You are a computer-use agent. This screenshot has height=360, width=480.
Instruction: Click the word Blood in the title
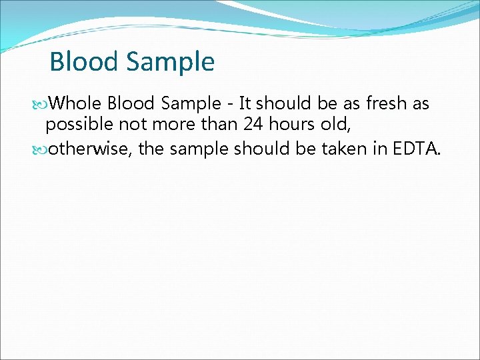coord(83,62)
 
